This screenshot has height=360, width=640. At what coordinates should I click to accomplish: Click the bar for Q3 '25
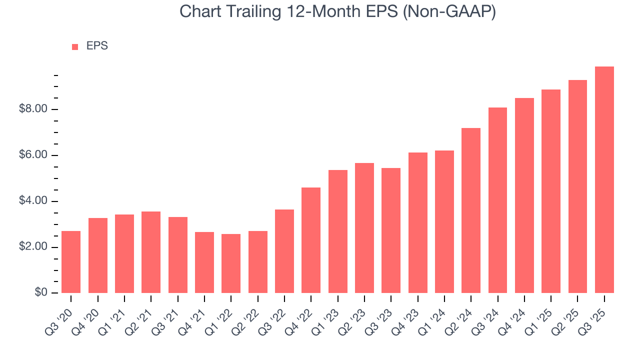tap(604, 180)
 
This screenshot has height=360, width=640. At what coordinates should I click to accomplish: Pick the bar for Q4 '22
tap(311, 240)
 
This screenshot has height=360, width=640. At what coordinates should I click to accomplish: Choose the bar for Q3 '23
tap(391, 230)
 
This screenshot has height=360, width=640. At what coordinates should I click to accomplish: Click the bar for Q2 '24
tap(471, 210)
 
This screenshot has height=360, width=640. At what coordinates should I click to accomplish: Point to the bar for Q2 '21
tap(151, 252)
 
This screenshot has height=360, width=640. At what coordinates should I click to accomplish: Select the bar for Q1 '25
tap(551, 191)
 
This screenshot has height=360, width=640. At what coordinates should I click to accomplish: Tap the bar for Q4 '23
tap(417, 223)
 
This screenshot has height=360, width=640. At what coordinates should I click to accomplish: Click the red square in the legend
tap(75, 46)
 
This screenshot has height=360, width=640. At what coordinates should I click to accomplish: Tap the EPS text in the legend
tap(97, 46)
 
